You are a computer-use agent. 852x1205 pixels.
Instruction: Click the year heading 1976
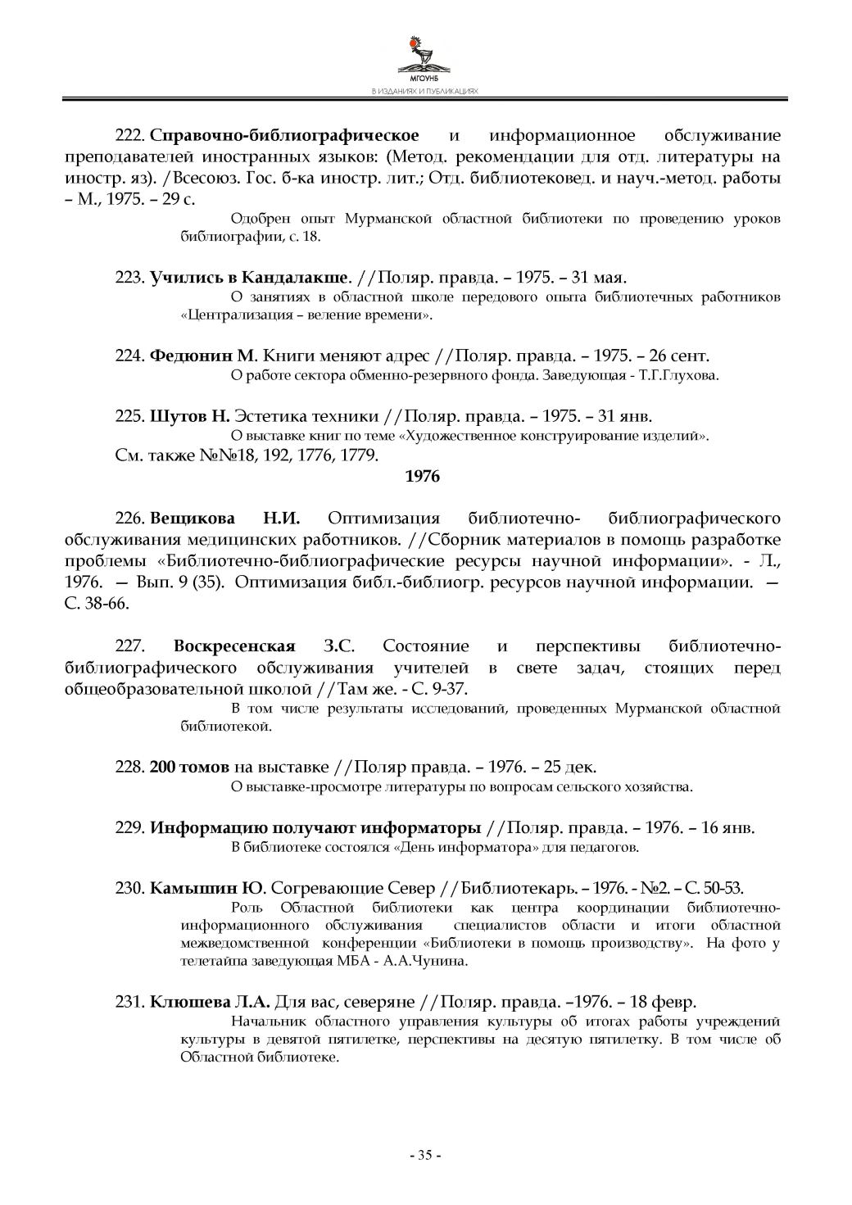[x=423, y=477]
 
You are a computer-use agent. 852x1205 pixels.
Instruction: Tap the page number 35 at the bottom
[x=425, y=1155]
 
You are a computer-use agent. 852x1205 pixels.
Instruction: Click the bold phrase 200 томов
[x=190, y=768]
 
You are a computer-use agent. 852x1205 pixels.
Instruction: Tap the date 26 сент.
[x=678, y=356]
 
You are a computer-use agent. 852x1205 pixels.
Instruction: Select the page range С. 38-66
[x=97, y=605]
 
